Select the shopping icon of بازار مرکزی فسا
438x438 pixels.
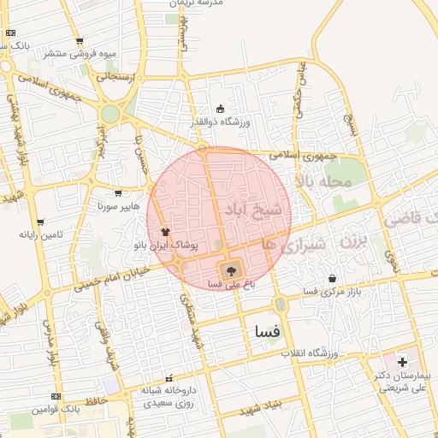tap(332, 278)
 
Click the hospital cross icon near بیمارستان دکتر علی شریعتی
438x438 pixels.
tap(402, 363)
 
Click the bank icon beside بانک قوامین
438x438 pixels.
tap(56, 396)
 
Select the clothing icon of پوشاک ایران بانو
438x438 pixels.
tap(166, 231)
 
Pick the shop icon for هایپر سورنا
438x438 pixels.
tap(117, 193)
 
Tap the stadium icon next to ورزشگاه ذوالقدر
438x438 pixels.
tap(220, 109)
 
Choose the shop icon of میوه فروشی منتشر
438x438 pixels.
tap(80, 41)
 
